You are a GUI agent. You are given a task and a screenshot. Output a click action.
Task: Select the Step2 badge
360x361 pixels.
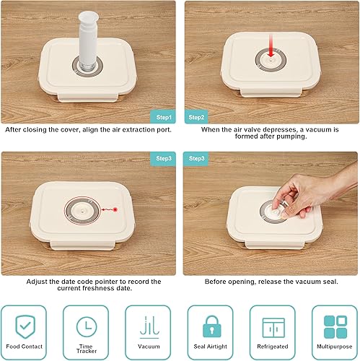click(197, 116)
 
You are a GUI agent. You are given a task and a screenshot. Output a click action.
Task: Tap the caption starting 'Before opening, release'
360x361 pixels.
click(271, 282)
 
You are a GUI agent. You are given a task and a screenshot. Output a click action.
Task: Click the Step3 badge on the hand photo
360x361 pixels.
click(197, 157)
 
